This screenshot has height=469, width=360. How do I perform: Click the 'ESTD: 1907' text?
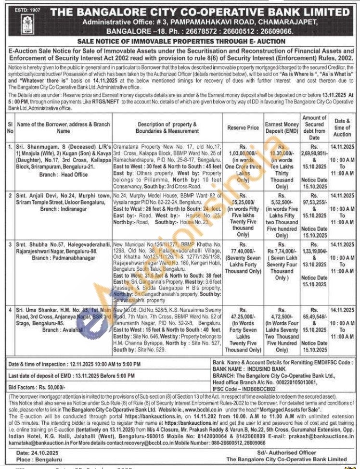(x=16, y=8)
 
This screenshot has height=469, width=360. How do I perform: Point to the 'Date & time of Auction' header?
(x=343, y=127)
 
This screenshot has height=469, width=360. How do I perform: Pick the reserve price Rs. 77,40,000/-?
(x=243, y=251)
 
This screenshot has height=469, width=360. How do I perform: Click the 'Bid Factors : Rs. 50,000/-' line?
(x=37, y=387)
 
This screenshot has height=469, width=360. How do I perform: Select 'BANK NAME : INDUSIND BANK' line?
(x=248, y=369)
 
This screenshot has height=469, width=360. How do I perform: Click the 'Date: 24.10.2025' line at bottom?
(x=37, y=453)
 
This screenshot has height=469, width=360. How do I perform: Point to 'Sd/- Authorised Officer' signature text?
(x=286, y=453)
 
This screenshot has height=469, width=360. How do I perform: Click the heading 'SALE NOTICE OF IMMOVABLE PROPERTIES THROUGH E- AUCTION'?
(x=181, y=41)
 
